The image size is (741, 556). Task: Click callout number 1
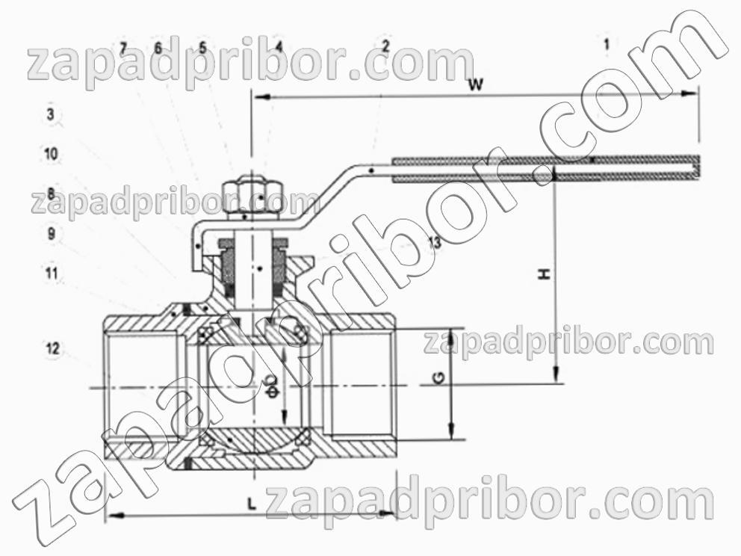pos(607,44)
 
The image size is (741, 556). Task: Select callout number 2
pos(385,46)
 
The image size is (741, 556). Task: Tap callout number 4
pos(279,46)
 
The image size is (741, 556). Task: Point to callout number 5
pos(202,47)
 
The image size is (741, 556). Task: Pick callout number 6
pos(158,48)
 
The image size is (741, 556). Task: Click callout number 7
pos(123,48)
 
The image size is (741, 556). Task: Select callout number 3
pos(51,114)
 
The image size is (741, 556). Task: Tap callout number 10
pos(51,154)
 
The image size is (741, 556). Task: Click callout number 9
pos(52,233)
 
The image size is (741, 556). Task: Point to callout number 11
pos(52,274)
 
